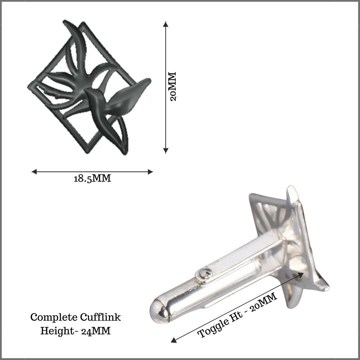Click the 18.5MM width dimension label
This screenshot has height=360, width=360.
[x=92, y=178]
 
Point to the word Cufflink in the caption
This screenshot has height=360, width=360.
[x=100, y=317]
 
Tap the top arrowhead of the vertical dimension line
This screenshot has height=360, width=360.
[x=166, y=24]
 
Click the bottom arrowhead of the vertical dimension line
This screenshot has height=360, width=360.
[x=166, y=151]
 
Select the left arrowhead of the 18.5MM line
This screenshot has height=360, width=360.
[x=34, y=172]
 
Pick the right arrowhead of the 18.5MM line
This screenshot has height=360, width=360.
[x=150, y=172]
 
